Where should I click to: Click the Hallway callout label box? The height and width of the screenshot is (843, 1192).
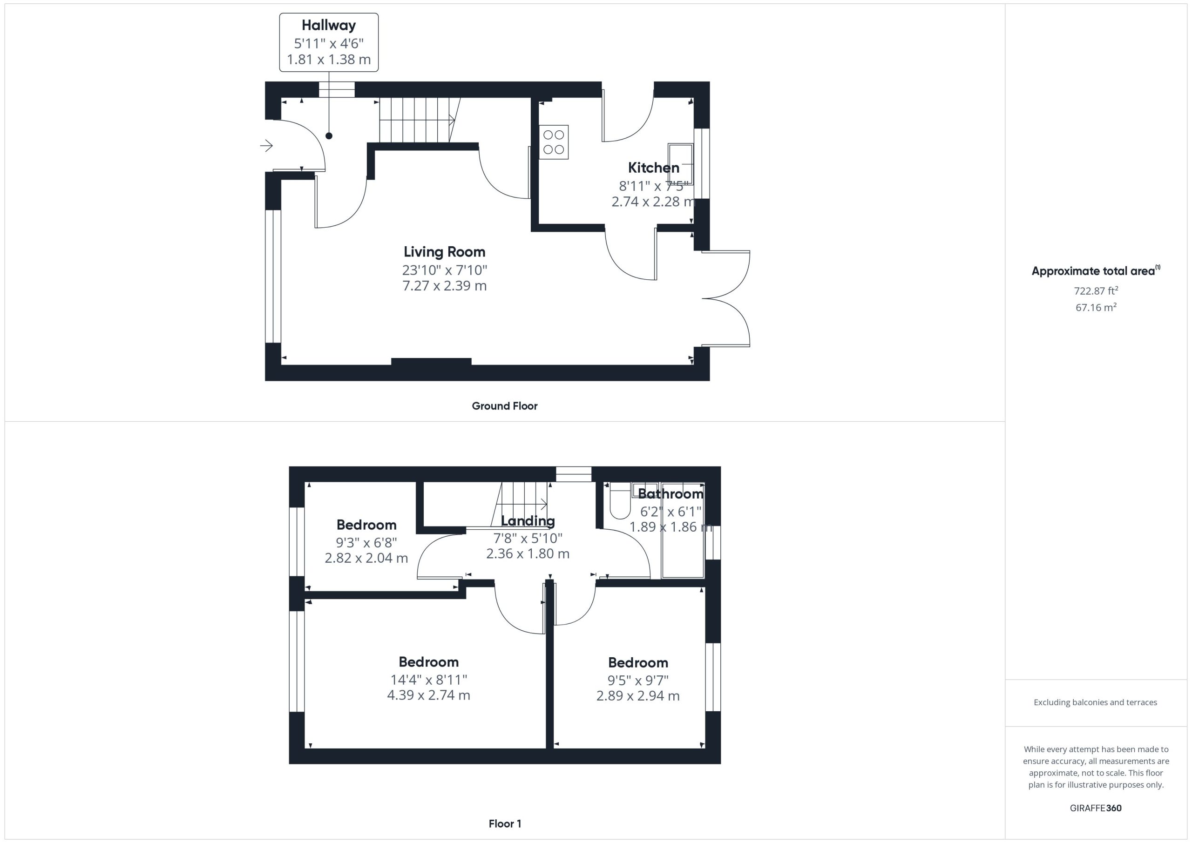(x=329, y=42)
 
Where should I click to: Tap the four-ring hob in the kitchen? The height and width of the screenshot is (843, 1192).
(x=554, y=142)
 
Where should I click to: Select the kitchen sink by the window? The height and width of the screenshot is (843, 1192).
(x=681, y=164)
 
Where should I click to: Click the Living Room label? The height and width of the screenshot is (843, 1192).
(x=444, y=252)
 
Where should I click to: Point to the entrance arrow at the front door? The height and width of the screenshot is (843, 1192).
(x=266, y=146)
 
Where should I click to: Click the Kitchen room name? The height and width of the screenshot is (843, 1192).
(x=654, y=168)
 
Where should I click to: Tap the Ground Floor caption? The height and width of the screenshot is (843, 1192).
(x=504, y=406)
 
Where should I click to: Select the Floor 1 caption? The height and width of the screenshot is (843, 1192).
(x=505, y=823)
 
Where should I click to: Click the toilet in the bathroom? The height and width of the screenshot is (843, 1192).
(x=620, y=501)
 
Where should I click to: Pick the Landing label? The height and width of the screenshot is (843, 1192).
(x=528, y=520)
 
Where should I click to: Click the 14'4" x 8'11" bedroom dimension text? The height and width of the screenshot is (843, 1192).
(x=429, y=679)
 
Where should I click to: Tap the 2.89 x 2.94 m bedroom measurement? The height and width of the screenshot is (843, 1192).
(x=637, y=695)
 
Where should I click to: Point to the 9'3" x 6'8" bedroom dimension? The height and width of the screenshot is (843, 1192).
(x=366, y=542)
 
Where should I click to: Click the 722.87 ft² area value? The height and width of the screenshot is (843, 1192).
(x=1096, y=290)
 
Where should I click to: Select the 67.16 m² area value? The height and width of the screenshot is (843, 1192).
(x=1096, y=307)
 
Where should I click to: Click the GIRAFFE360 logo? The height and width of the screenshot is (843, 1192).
(x=1096, y=808)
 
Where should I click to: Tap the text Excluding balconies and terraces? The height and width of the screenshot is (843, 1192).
(x=1096, y=702)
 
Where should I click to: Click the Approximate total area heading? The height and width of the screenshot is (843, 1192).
(x=1096, y=270)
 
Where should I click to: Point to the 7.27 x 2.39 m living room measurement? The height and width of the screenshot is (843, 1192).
(x=444, y=285)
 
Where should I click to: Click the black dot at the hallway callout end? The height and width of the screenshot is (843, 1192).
(x=329, y=136)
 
